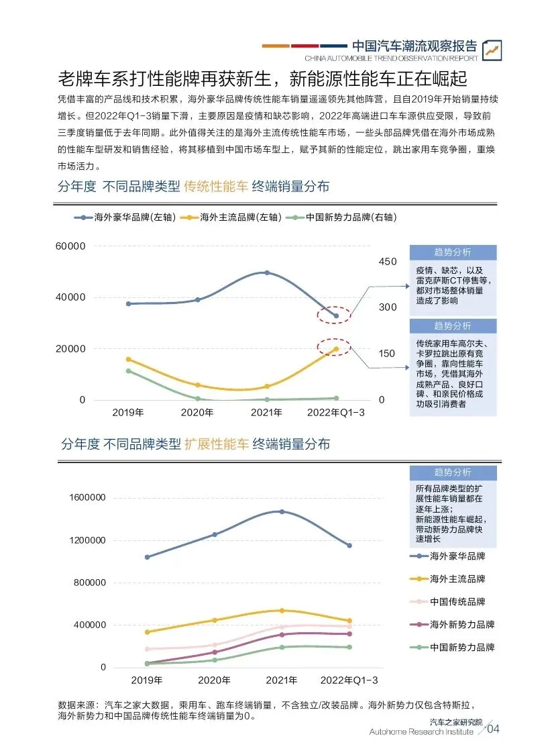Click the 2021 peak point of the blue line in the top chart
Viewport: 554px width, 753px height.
[266, 272]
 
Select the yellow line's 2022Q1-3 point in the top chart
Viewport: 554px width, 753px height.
[336, 348]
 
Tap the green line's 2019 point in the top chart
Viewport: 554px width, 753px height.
[129, 370]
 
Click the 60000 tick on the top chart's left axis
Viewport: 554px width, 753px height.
[70, 246]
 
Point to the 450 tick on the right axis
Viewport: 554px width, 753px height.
[388, 261]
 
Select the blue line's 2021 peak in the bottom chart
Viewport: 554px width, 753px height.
[282, 511]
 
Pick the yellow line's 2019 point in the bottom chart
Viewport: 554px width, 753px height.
[147, 632]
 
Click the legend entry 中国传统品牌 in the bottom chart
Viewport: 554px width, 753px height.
[458, 602]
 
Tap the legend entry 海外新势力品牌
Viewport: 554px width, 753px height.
[462, 625]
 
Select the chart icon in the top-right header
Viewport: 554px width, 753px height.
[492, 48]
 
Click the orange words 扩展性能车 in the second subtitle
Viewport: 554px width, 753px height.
[217, 444]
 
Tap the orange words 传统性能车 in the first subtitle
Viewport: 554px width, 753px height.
[217, 186]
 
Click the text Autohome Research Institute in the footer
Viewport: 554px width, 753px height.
[421, 732]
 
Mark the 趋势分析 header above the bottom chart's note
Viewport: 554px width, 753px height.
[453, 472]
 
